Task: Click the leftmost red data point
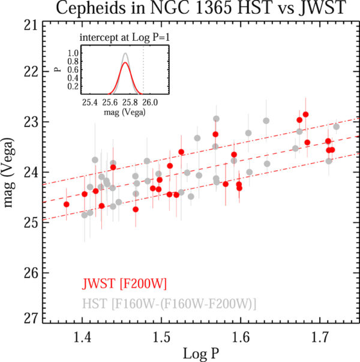tap(67, 204)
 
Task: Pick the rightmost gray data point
tap(336, 126)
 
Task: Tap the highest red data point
tap(305, 114)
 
